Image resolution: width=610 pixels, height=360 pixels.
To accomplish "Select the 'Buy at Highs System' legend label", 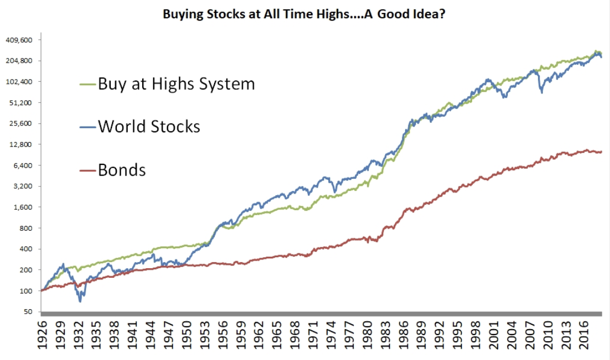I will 176,84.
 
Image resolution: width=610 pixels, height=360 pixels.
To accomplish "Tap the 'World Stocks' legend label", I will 149,126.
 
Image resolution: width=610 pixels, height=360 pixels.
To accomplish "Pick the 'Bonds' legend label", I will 122,170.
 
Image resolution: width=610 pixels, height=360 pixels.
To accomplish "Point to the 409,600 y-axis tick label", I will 19,40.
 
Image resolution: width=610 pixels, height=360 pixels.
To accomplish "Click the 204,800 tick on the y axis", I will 19,61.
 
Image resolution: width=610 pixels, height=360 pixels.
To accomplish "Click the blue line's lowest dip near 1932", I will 80,301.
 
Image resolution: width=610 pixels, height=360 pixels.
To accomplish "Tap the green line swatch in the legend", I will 88,85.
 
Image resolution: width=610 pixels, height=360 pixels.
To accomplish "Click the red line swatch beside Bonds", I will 88,170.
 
